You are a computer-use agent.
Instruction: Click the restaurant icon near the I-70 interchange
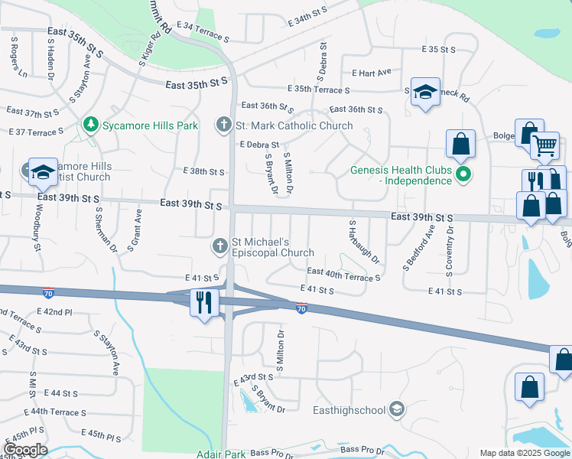pyautogui.click(x=203, y=301)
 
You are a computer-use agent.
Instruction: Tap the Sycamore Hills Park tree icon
pyautogui.click(x=90, y=124)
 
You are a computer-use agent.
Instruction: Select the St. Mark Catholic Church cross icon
pyautogui.click(x=223, y=125)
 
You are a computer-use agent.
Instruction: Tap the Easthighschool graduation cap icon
pyautogui.click(x=395, y=410)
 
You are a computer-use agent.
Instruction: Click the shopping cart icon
pyautogui.click(x=544, y=144)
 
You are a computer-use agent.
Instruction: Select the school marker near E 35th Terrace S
pyautogui.click(x=424, y=93)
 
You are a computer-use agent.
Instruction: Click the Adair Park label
pyautogui.click(x=222, y=454)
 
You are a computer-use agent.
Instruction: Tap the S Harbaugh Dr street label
pyautogui.click(x=364, y=243)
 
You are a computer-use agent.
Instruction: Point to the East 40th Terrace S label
pyautogui.click(x=343, y=273)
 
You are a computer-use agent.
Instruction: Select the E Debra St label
pyautogui.click(x=259, y=144)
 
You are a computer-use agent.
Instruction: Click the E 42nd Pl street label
pyautogui.click(x=54, y=312)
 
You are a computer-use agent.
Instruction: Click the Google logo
pyautogui.click(x=25, y=450)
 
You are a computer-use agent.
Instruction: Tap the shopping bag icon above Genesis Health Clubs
pyautogui.click(x=461, y=143)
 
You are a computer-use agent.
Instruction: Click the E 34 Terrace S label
pyautogui.click(x=203, y=31)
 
